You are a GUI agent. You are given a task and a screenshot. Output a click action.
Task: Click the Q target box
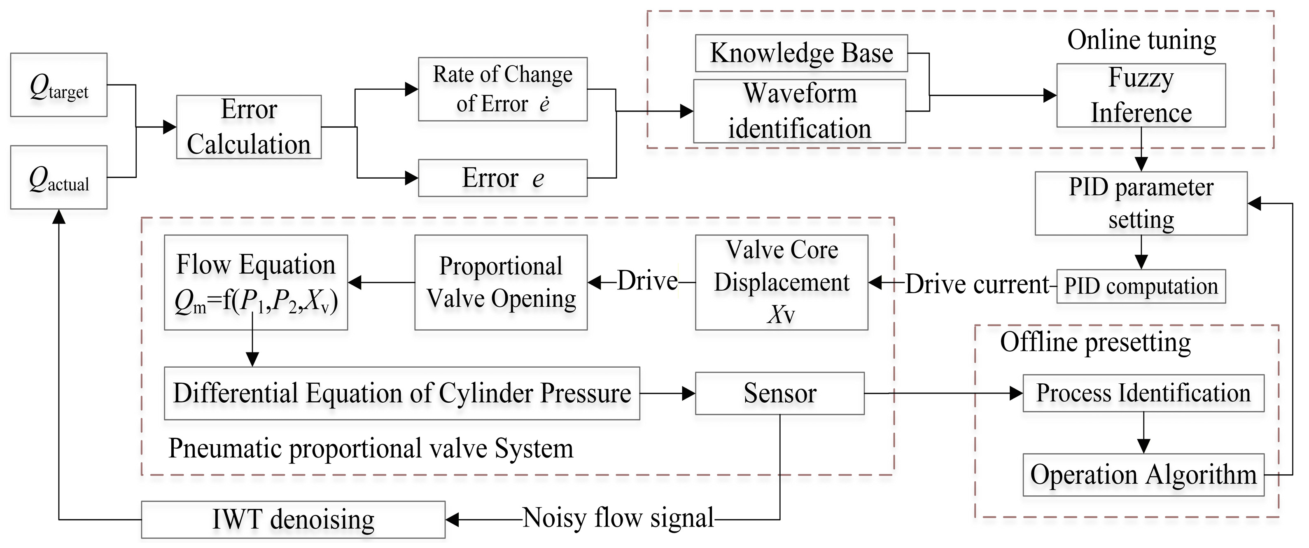click(x=59, y=85)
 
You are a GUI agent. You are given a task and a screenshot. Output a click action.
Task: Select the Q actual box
click(x=59, y=177)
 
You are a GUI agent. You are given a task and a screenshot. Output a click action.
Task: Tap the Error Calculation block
click(x=249, y=127)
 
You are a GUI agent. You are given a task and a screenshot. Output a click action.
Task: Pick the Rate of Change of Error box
click(x=503, y=89)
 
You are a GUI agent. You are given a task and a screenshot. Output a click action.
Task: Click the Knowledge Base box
click(x=801, y=53)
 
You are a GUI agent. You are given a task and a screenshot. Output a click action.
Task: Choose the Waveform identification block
click(x=800, y=111)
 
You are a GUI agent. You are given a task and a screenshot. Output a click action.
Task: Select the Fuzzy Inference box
click(x=1141, y=95)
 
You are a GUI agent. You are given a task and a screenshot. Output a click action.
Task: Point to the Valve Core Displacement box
click(x=782, y=282)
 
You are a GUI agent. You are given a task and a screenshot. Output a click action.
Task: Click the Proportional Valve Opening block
click(x=501, y=282)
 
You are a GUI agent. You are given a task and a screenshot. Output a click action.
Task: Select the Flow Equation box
click(x=256, y=282)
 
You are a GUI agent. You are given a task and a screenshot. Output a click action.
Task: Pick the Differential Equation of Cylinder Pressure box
click(x=402, y=393)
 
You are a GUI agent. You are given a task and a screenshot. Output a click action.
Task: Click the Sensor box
click(x=780, y=393)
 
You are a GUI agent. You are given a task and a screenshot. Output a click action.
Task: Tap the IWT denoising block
click(x=293, y=520)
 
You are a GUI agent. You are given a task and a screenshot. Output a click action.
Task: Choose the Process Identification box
click(x=1143, y=393)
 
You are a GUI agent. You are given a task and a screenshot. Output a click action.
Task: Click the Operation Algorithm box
click(x=1143, y=475)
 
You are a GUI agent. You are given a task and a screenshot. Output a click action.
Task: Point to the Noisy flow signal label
click(x=618, y=518)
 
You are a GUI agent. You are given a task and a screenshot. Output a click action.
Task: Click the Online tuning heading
click(x=1142, y=40)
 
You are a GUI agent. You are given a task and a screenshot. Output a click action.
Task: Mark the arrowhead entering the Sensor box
click(x=688, y=393)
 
